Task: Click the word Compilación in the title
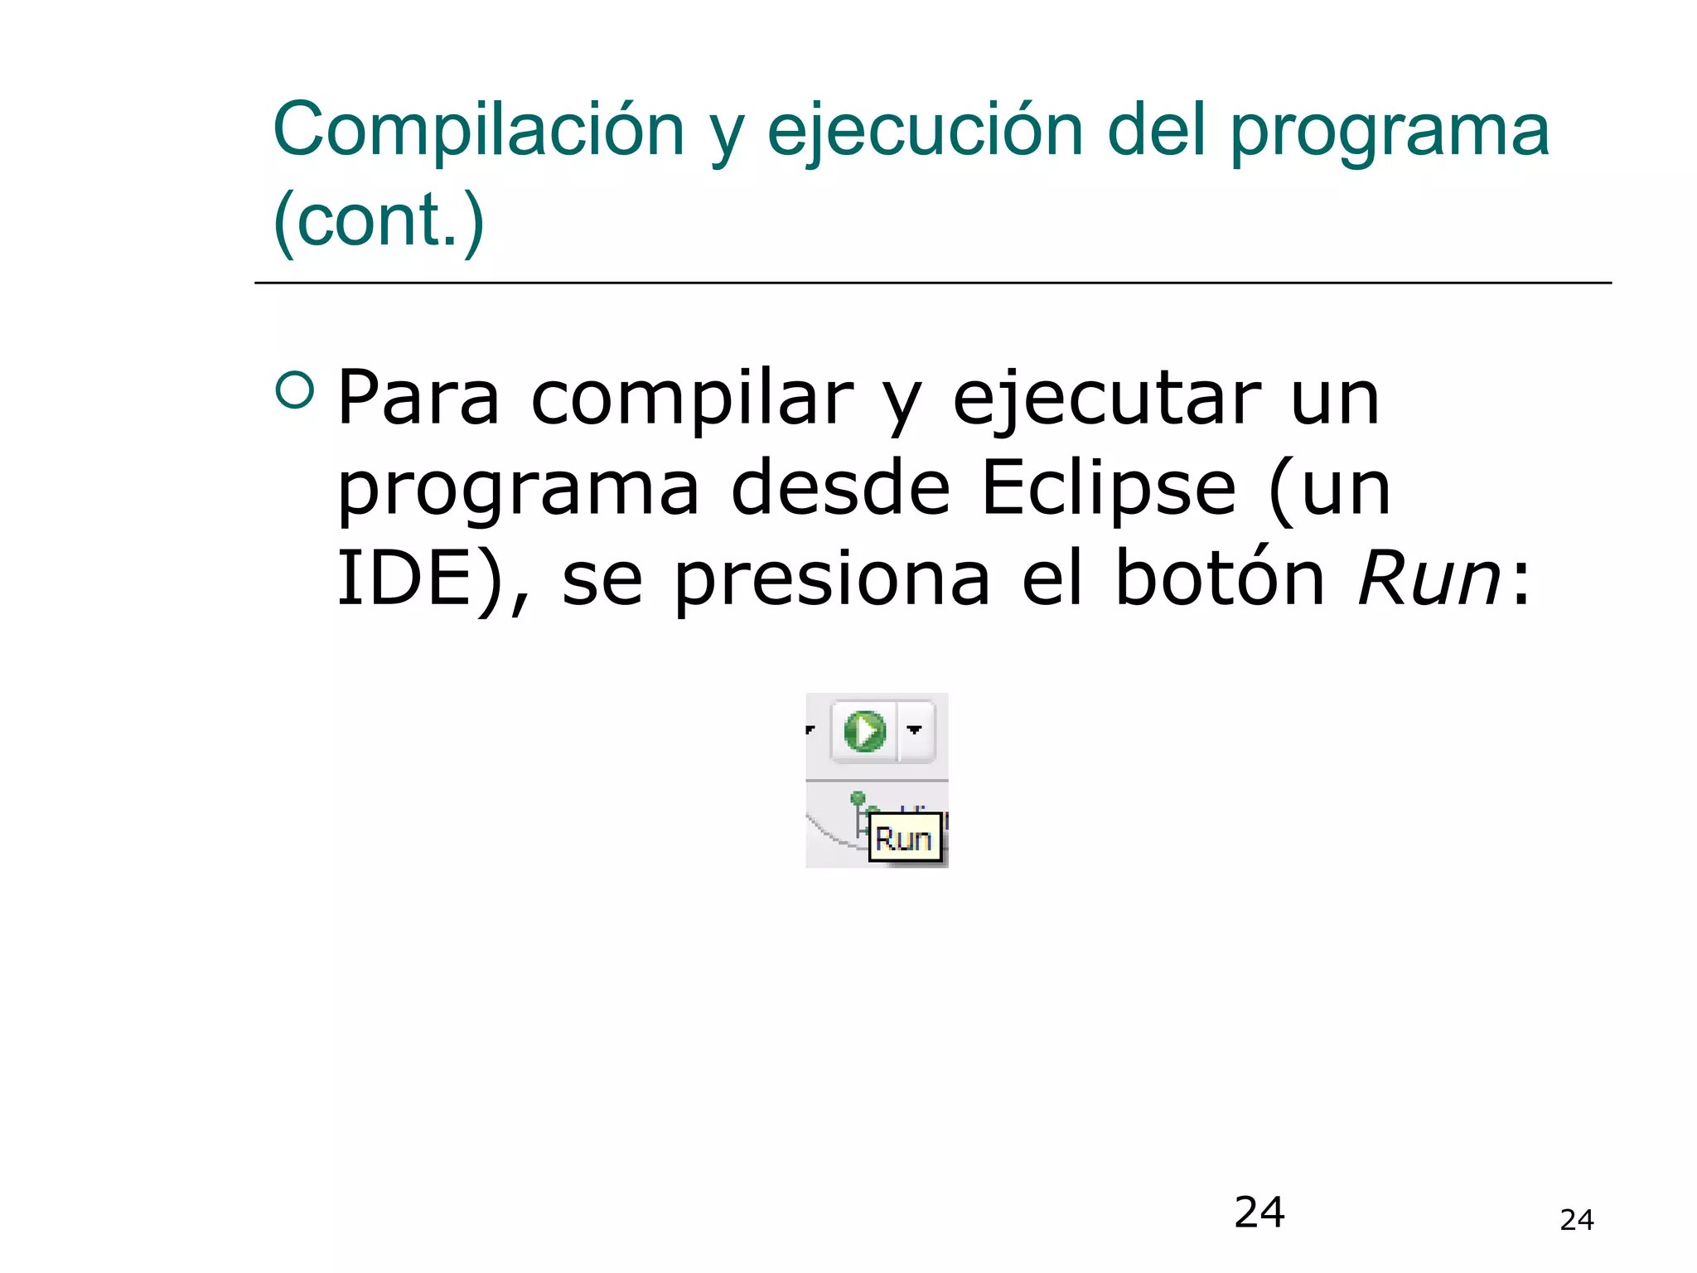tap(478, 130)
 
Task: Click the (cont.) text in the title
tap(379, 220)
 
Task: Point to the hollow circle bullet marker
tap(295, 390)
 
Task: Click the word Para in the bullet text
tap(418, 399)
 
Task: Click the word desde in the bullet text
tap(840, 489)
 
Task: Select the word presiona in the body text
tap(832, 581)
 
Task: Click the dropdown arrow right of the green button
tap(915, 730)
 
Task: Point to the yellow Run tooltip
tap(904, 840)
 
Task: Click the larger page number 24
tap(1259, 1212)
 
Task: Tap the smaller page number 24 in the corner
tap(1576, 1220)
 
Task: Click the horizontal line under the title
tap(932, 283)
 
